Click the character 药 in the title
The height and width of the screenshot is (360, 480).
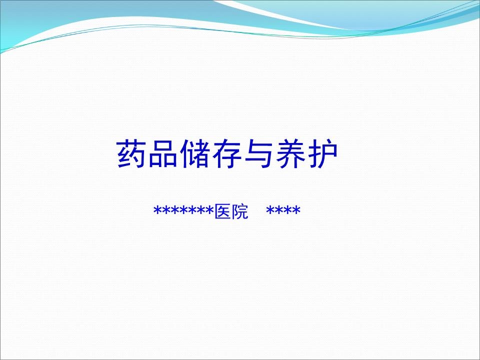(131, 154)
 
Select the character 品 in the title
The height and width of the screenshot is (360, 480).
(163, 154)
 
